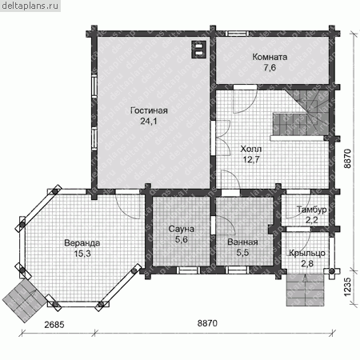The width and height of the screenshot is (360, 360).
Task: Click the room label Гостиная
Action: click(x=149, y=110)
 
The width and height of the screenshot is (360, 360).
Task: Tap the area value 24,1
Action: click(x=149, y=122)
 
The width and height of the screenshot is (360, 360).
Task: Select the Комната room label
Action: click(x=270, y=57)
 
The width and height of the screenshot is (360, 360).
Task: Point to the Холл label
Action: click(x=251, y=149)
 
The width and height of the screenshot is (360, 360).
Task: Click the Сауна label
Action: click(x=182, y=229)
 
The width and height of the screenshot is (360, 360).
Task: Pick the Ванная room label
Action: click(x=242, y=242)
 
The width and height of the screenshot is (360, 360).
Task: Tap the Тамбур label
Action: click(x=311, y=210)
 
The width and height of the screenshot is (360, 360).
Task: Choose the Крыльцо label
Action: click(x=307, y=253)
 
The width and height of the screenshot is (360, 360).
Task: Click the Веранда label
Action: click(x=82, y=243)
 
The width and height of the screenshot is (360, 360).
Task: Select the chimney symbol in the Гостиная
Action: click(x=198, y=50)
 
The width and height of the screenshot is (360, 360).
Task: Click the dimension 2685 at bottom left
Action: click(x=54, y=325)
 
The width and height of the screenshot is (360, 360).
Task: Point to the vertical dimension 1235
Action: click(x=347, y=287)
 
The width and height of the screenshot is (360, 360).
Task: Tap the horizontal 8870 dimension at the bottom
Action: click(x=207, y=323)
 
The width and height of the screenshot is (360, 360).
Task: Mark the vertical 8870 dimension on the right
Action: click(x=347, y=158)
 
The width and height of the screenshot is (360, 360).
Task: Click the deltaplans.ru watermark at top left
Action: click(x=30, y=6)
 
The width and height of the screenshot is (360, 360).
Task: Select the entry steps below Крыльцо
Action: click(x=306, y=290)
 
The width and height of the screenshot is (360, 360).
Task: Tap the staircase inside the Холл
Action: click(x=301, y=114)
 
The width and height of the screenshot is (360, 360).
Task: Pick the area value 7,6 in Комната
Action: click(x=270, y=68)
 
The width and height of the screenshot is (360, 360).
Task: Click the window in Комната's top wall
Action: click(x=238, y=34)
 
